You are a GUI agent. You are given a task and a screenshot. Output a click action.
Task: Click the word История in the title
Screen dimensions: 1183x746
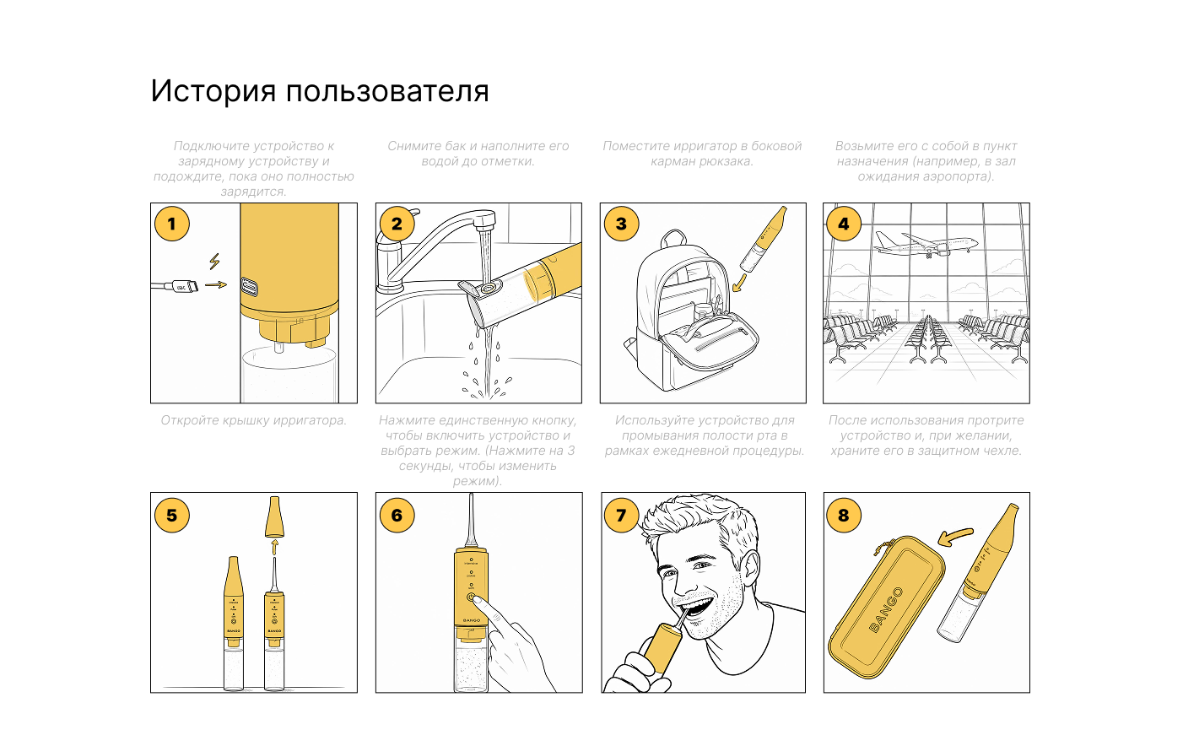213,91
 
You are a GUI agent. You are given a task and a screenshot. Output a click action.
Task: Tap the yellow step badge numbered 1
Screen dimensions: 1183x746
171,224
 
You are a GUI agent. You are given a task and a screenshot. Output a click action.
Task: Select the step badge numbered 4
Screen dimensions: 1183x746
844,224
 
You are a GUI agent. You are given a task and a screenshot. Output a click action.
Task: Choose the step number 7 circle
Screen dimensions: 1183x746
621,515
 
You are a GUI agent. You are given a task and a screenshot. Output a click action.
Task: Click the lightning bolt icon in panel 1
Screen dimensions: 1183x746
214,261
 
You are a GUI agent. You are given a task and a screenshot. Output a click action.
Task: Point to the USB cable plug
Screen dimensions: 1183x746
183,287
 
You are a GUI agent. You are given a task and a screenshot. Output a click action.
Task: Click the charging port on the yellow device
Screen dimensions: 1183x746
249,287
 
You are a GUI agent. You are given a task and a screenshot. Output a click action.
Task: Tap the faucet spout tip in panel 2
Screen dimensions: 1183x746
483,224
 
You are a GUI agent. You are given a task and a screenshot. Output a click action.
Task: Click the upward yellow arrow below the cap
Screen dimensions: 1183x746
274,548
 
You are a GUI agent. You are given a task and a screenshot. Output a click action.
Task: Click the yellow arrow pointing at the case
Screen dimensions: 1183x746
955,537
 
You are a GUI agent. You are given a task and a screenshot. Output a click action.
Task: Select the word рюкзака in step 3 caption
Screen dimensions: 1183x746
727,161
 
